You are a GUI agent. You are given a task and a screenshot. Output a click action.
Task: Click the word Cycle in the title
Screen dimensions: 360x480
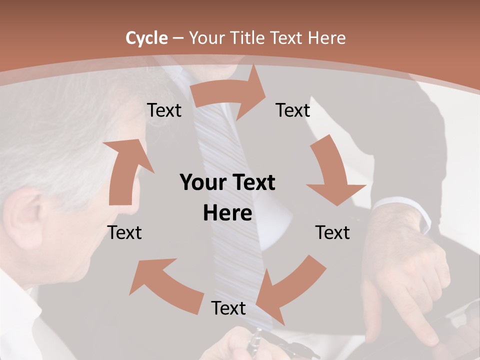click(x=146, y=38)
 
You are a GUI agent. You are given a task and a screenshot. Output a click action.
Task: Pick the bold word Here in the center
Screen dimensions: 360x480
click(x=227, y=213)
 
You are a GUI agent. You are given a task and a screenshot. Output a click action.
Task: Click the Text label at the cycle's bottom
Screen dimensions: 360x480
click(x=228, y=308)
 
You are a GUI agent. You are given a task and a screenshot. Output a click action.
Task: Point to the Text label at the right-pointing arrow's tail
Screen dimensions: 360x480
click(x=164, y=110)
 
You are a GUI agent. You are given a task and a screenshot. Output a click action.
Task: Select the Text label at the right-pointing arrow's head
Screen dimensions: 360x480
click(x=293, y=110)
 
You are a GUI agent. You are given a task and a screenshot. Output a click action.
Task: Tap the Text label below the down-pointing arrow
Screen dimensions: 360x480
click(x=332, y=233)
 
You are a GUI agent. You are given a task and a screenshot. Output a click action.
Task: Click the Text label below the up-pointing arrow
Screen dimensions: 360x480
click(x=124, y=233)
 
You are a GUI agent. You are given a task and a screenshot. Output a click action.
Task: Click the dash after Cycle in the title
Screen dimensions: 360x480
click(x=178, y=38)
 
